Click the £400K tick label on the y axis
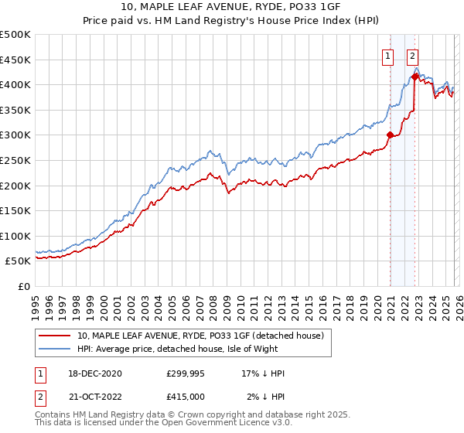point(15,84)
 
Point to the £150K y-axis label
point(15,210)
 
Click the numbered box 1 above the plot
point(387,56)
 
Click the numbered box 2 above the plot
point(413,56)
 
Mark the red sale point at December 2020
point(390,135)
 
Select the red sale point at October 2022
point(415,77)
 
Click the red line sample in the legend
point(55,336)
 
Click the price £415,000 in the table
point(185,396)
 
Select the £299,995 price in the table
point(185,373)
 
